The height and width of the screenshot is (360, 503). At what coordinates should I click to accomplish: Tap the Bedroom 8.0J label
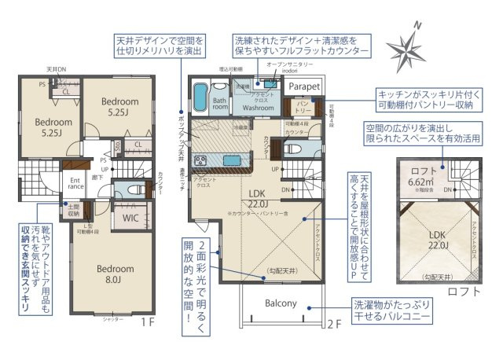click(x=116, y=273)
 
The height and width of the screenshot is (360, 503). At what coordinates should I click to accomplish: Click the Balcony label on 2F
click(x=280, y=303)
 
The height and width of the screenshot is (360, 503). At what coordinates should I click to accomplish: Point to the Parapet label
click(x=304, y=85)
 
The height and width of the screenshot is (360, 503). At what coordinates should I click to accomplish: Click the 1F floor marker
click(x=147, y=322)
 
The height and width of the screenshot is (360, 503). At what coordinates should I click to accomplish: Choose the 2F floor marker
click(x=335, y=322)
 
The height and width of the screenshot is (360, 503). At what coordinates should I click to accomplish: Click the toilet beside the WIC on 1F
click(x=129, y=189)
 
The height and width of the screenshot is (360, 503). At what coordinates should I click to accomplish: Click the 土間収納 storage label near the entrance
click(x=74, y=211)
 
